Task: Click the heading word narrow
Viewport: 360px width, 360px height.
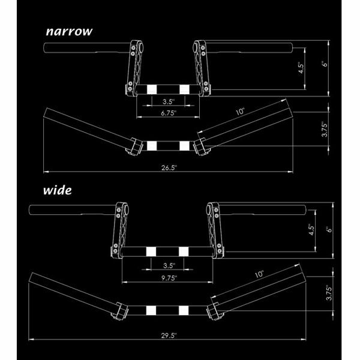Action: click(69, 31)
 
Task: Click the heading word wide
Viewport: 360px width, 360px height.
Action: click(58, 190)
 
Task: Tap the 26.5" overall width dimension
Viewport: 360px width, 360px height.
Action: click(169, 167)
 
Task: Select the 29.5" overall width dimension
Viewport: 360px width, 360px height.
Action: click(169, 335)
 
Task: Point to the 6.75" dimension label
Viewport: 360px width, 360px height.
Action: click(169, 113)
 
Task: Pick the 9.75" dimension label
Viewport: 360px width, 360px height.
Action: click(169, 278)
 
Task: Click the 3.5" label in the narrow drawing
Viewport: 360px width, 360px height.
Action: click(169, 101)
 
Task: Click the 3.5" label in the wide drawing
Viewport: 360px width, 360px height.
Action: click(169, 266)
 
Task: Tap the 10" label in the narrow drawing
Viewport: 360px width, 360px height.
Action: click(240, 112)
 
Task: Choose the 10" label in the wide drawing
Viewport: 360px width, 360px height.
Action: click(259, 274)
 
